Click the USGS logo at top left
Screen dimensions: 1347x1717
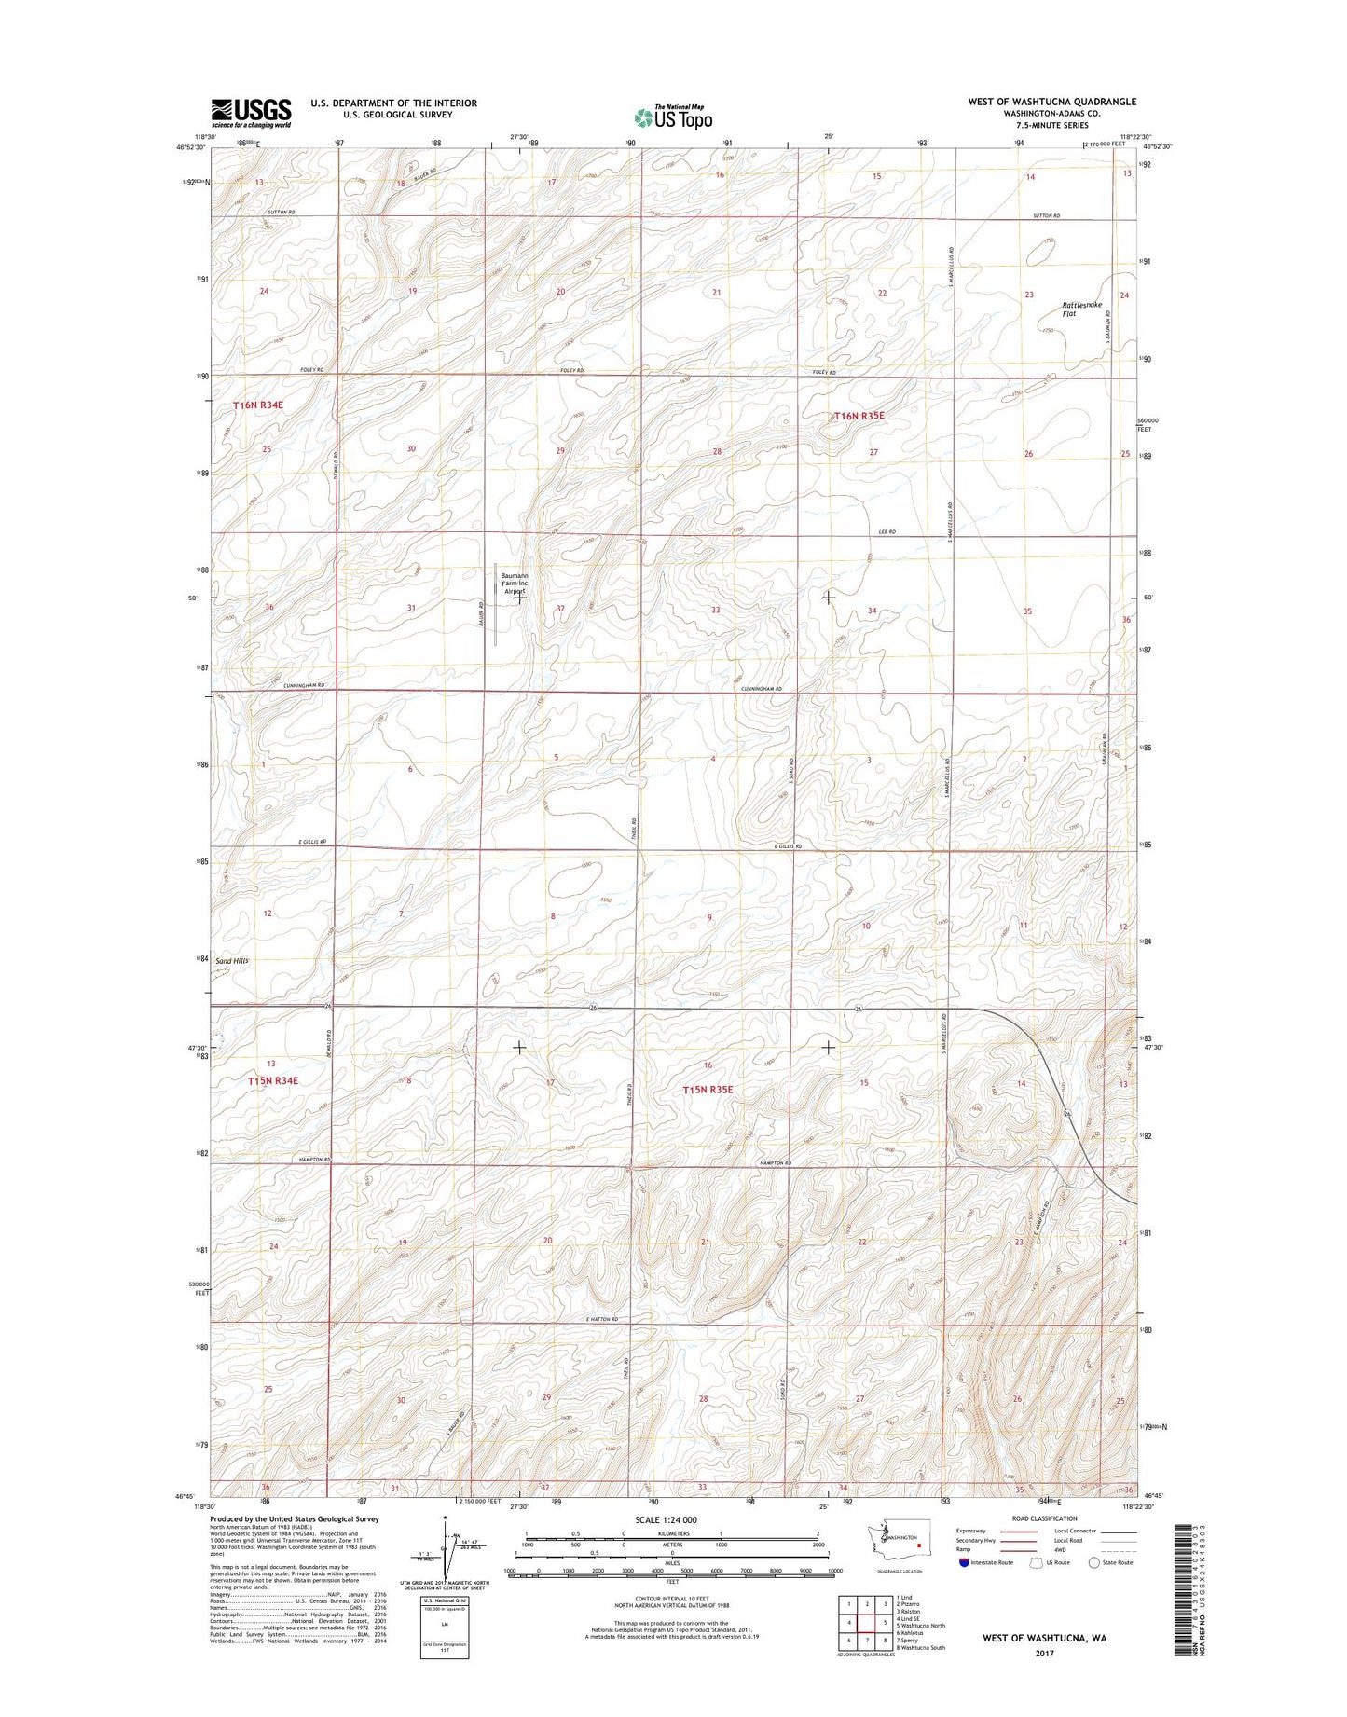(x=251, y=113)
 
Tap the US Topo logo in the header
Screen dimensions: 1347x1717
(x=673, y=117)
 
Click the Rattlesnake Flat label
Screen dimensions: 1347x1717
(x=1080, y=309)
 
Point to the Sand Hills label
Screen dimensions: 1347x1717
(x=232, y=960)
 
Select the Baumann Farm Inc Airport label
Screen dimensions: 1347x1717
(x=515, y=584)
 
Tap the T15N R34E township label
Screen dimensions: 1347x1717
(x=273, y=1080)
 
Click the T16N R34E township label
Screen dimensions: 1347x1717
(x=257, y=405)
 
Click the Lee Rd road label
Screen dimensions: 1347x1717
(x=887, y=531)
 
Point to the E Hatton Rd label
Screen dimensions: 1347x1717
(x=602, y=1319)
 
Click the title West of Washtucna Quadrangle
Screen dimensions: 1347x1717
(x=1051, y=102)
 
